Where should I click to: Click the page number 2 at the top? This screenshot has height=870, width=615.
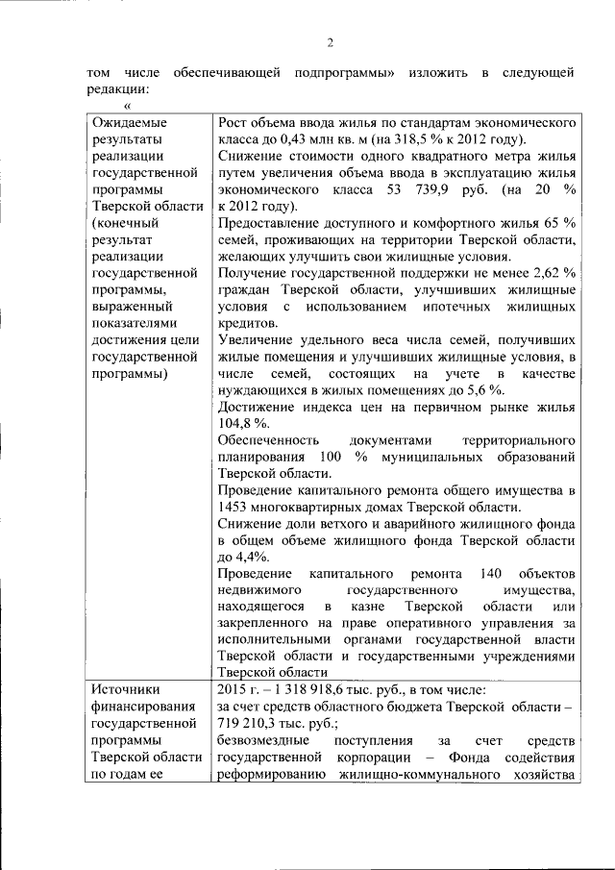(329, 41)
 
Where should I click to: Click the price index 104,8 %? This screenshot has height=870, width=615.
(238, 423)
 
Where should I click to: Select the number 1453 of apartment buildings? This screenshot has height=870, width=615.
(235, 507)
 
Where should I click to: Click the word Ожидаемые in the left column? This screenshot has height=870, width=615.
(130, 122)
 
